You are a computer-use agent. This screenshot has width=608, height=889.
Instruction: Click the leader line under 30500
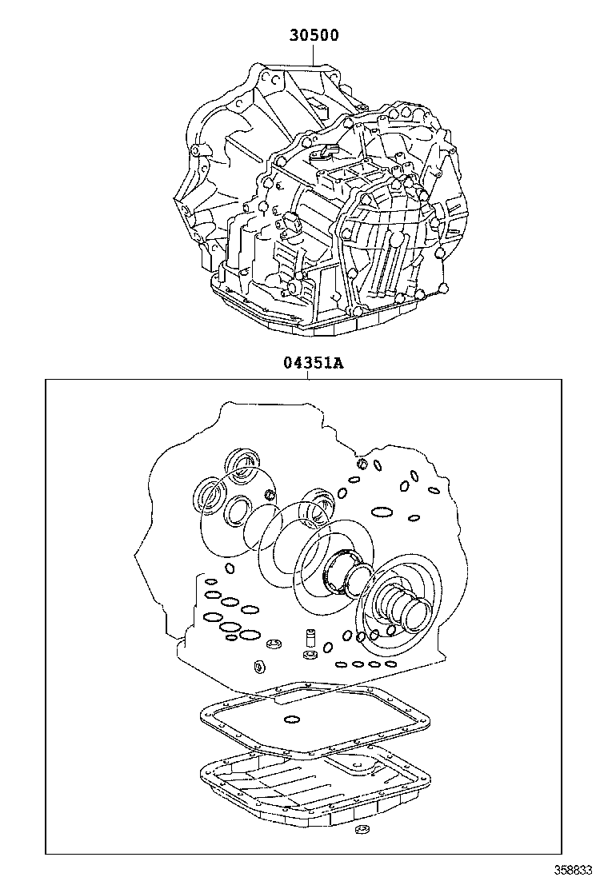pyautogui.click(x=313, y=54)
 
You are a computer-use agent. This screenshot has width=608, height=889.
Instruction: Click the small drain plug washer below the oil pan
pyautogui.click(x=360, y=832)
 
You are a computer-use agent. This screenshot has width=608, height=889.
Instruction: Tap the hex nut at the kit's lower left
pyautogui.click(x=260, y=667)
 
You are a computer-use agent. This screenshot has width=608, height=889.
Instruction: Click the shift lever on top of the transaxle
pyautogui.click(x=328, y=152)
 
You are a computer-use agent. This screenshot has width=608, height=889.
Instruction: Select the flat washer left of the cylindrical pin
pyautogui.click(x=274, y=645)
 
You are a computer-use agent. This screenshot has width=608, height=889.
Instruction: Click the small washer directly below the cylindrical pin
pyautogui.click(x=307, y=657)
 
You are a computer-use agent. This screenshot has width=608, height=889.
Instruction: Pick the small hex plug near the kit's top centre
pyautogui.click(x=362, y=464)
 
